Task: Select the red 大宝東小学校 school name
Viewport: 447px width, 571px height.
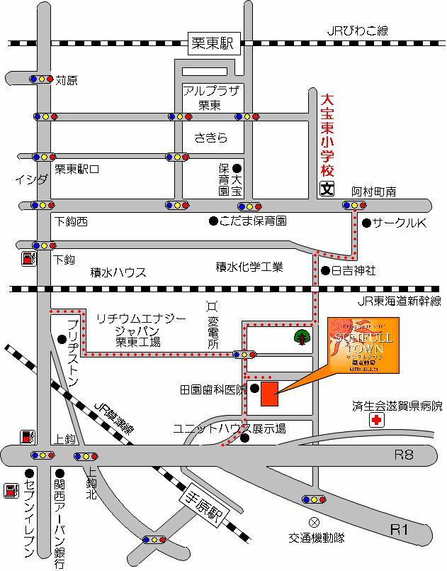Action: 327,137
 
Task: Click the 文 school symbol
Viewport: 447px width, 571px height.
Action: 327,189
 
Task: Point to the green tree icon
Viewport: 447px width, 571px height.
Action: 302,337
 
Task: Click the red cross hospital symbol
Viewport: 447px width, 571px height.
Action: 373,421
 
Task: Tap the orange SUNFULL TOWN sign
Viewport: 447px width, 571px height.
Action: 363,345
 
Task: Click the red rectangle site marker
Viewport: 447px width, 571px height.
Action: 270,394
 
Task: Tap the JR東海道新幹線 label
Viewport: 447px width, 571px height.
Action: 398,301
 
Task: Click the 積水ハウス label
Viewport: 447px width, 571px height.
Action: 118,272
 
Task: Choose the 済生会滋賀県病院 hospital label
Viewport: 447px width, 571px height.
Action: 397,406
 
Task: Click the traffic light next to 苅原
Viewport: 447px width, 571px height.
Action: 41,79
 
